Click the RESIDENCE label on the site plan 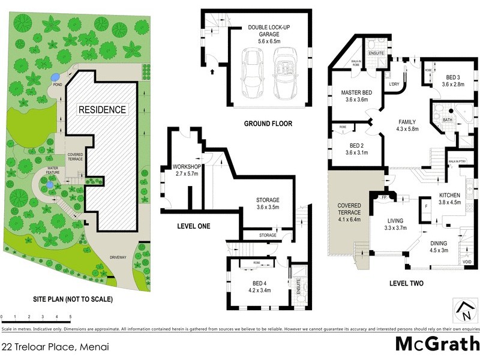tap(101, 110)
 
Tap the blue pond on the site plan tap(55, 77)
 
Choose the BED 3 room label tap(453, 81)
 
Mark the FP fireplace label tap(383, 197)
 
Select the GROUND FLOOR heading tap(268, 124)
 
